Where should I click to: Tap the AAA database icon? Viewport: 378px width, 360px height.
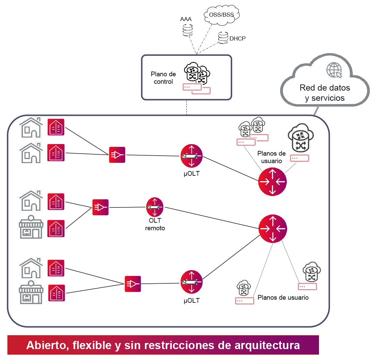187,30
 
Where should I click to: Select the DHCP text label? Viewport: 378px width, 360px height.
238,38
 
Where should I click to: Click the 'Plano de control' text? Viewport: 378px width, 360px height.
163,78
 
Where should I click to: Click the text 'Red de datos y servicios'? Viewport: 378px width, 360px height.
325,93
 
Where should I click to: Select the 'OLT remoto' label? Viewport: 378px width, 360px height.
155,225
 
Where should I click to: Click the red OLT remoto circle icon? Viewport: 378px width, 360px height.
155,207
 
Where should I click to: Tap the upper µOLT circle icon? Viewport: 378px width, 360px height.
191,156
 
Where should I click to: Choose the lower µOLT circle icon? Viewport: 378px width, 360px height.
191,282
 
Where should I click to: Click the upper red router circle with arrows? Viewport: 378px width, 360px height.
272,182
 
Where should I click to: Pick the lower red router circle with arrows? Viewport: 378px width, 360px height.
273,229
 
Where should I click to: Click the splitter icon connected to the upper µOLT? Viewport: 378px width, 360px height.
117,155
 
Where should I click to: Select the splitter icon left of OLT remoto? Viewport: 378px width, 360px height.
100,207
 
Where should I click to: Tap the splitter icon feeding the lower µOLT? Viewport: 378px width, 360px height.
133,284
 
